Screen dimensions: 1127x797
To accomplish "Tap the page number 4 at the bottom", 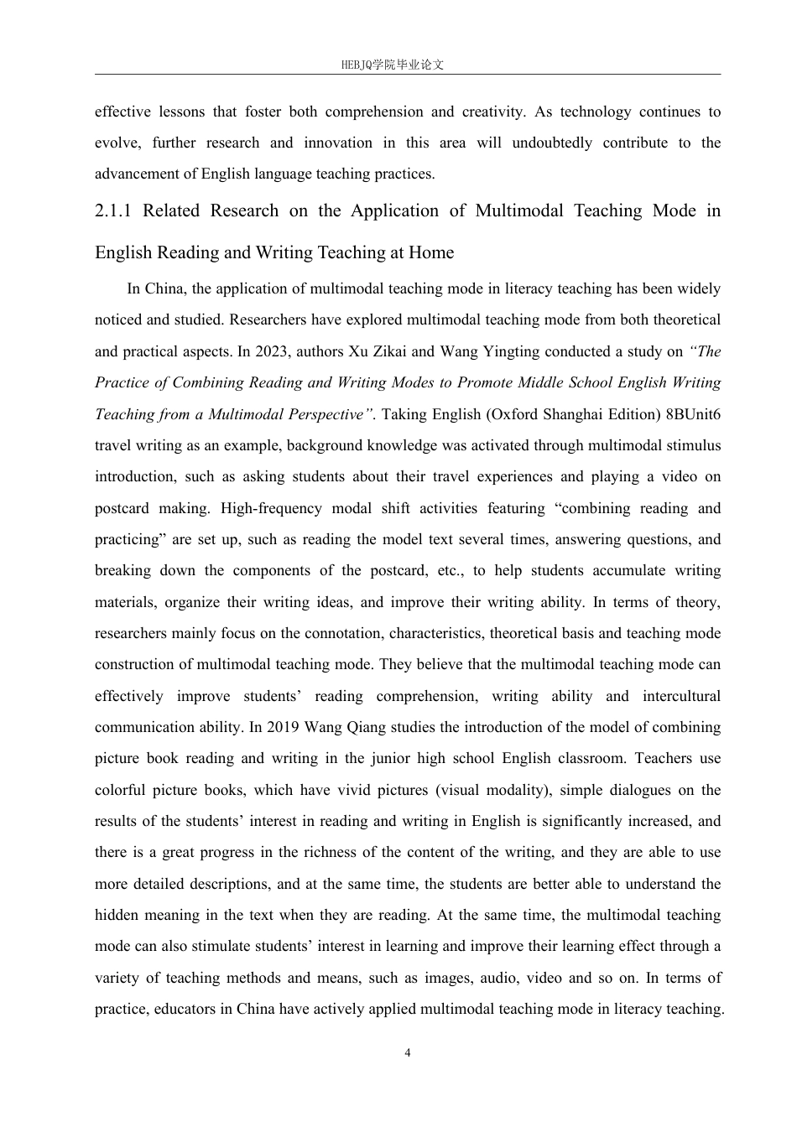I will (408, 1053).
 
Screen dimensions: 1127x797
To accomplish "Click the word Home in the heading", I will (431, 252).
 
